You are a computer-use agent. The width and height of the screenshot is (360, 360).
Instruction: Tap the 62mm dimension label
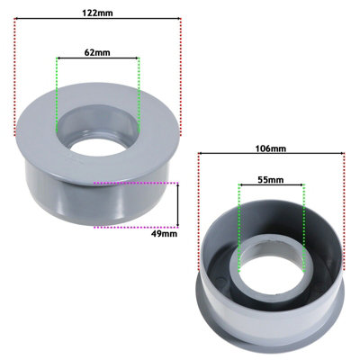point(97,51)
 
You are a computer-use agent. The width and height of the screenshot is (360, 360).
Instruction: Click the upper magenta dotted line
point(135,183)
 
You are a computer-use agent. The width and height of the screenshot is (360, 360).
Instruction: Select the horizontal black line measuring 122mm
point(97,24)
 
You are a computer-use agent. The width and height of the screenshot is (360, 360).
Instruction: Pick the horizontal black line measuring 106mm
point(271,155)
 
